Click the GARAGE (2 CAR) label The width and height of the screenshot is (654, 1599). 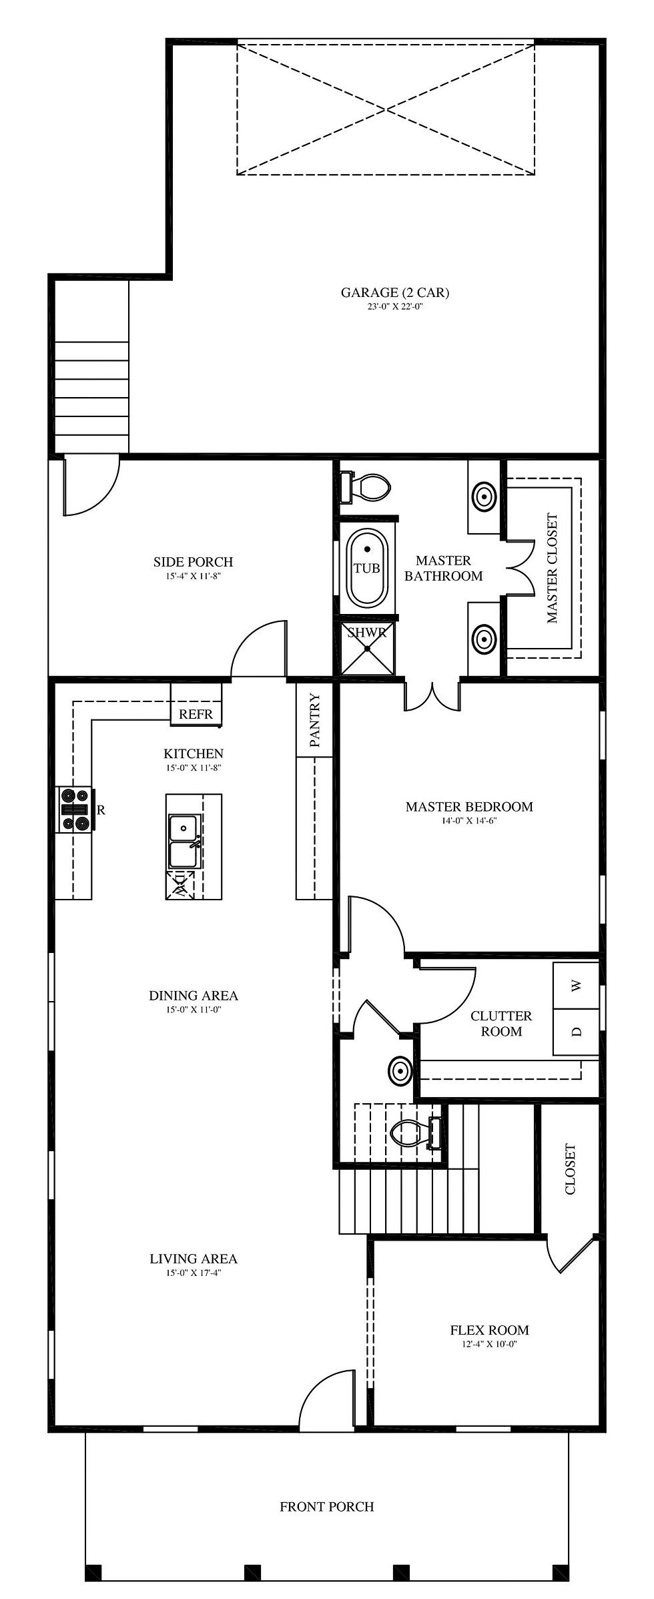point(395,292)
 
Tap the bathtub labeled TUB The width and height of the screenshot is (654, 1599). point(366,567)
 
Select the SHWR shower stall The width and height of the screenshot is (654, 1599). point(367,648)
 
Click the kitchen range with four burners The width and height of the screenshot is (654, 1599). point(76,810)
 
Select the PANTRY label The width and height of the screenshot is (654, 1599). point(315,720)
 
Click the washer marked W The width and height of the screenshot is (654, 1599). point(577,985)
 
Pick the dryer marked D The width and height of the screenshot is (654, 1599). point(577,1032)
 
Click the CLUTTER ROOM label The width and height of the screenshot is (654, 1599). point(501,1023)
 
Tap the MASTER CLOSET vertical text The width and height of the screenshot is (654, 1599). point(552,568)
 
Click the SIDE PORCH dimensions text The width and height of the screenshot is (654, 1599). point(194,576)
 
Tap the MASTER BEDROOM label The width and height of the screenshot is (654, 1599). point(470,806)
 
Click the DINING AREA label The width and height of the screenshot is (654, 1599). point(194,995)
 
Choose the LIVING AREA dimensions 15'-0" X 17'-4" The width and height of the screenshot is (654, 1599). point(194,1273)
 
